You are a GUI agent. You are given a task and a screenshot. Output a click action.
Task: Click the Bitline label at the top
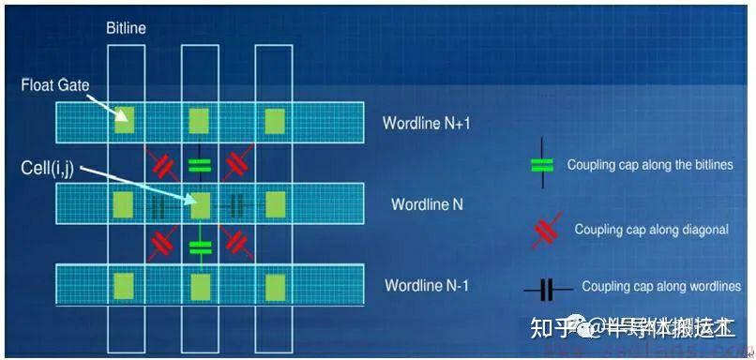click(x=126, y=29)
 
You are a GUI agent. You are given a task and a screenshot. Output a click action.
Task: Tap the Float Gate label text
click(x=54, y=85)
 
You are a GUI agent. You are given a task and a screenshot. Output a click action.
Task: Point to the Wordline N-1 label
click(x=432, y=285)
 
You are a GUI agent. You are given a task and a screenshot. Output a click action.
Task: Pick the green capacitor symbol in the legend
click(x=542, y=165)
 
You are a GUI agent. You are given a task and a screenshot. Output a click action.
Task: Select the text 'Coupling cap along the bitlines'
click(x=648, y=165)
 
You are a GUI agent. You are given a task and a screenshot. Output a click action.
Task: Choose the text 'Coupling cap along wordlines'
click(x=660, y=287)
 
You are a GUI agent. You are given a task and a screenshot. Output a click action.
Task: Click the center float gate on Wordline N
click(x=198, y=202)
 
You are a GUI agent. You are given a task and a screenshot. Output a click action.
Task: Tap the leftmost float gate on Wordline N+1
click(x=123, y=120)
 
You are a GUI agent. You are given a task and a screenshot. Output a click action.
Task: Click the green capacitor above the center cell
click(x=199, y=165)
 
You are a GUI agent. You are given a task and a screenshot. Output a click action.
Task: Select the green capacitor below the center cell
click(x=199, y=247)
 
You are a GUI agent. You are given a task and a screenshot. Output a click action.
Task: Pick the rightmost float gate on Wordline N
click(x=274, y=202)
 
